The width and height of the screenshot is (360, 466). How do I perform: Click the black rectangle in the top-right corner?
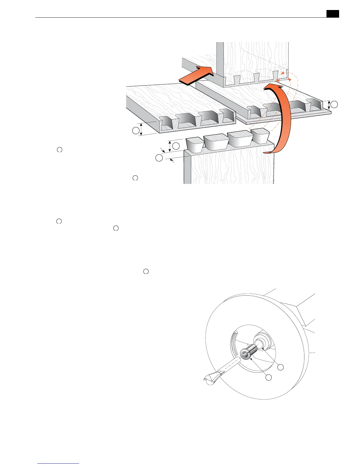[x=333, y=14]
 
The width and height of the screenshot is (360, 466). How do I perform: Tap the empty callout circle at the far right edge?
[x=334, y=104]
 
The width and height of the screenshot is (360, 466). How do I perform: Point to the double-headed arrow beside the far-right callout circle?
[x=329, y=104]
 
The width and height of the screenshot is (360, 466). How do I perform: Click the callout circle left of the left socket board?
[x=136, y=131]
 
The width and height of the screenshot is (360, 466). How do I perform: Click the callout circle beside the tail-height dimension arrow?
[x=176, y=146]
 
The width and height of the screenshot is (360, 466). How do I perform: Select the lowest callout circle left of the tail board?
[x=159, y=158]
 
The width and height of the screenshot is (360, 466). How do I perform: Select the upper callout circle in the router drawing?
[x=281, y=367]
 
